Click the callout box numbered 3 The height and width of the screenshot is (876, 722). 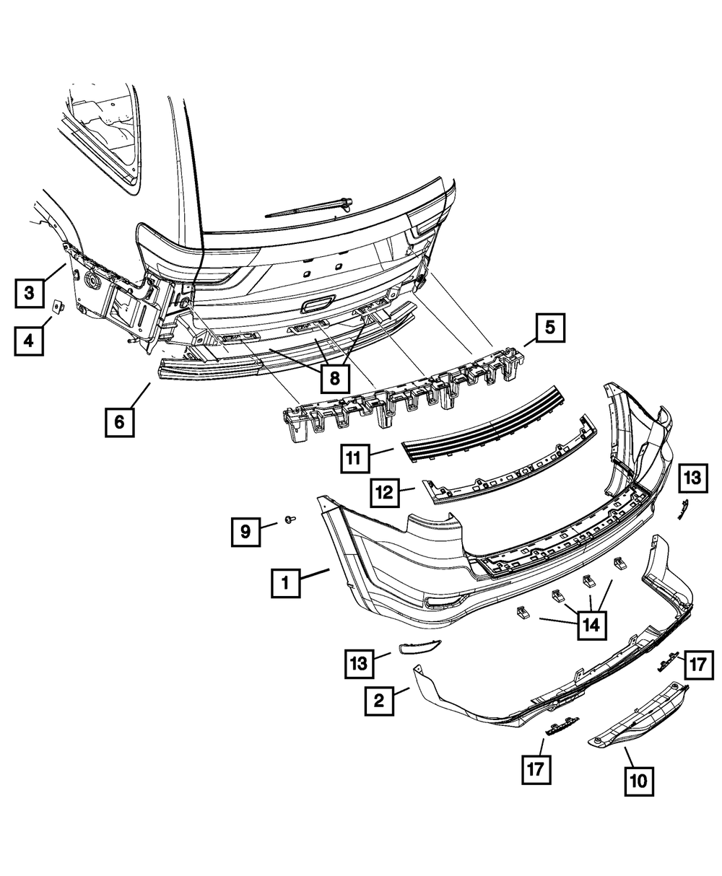point(29,293)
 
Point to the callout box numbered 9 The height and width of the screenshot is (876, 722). point(245,532)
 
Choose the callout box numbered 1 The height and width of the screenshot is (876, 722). point(286,583)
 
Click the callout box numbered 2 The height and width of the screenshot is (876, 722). point(380,700)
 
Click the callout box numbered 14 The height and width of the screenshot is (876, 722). point(591,626)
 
